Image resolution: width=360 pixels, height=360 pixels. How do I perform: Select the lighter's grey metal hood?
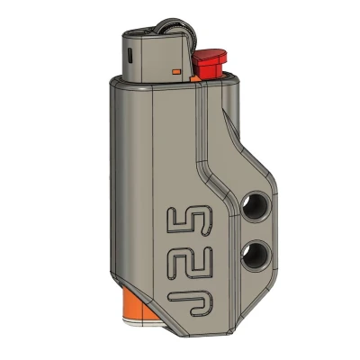(153, 54)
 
